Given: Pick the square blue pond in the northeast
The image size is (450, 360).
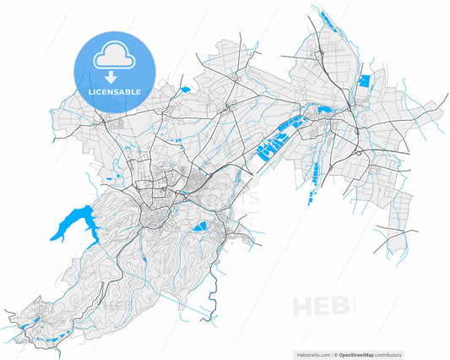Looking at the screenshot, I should pyautogui.click(x=365, y=82).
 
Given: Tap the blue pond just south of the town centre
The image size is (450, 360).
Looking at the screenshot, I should pyautogui.click(x=200, y=226).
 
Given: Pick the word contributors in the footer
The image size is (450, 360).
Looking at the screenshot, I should pyautogui.click(x=389, y=354).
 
